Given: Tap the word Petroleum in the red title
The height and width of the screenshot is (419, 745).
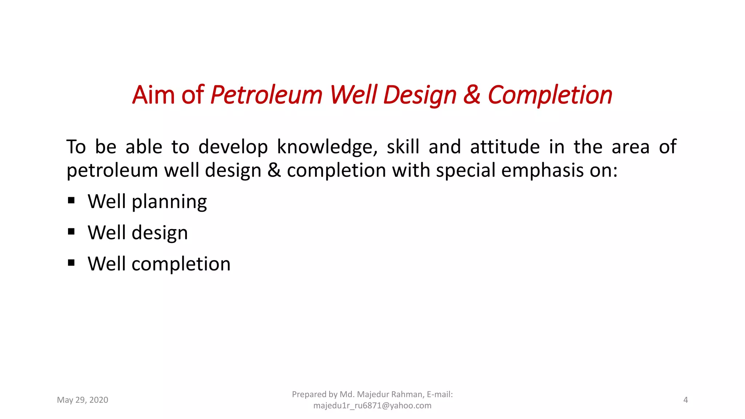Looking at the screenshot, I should point(266,95).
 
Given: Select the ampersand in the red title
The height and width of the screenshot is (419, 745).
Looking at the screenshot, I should point(471,95).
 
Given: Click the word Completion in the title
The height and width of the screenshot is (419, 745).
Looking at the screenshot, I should point(550,95).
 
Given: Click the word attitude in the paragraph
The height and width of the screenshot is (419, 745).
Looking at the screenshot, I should point(505,147).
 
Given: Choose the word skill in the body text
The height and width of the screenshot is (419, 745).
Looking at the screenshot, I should point(403,147).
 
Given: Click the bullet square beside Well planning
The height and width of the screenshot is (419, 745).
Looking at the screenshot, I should point(71,200).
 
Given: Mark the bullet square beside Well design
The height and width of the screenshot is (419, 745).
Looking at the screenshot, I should point(71,231).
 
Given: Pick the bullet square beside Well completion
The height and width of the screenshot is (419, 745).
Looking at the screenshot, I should point(71,263).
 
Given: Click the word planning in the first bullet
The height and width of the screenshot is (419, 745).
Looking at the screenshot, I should point(169,202).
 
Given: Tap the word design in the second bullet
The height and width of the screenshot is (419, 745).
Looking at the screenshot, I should point(160,233).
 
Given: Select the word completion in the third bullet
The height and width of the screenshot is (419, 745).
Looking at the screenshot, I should point(181,264).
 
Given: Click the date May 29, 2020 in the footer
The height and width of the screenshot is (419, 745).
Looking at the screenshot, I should point(83,400).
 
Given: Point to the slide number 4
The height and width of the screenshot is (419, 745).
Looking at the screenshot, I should point(685,400).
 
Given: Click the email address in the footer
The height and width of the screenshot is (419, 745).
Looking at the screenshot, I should point(372,406).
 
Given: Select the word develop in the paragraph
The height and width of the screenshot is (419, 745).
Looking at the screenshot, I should point(233,147).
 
